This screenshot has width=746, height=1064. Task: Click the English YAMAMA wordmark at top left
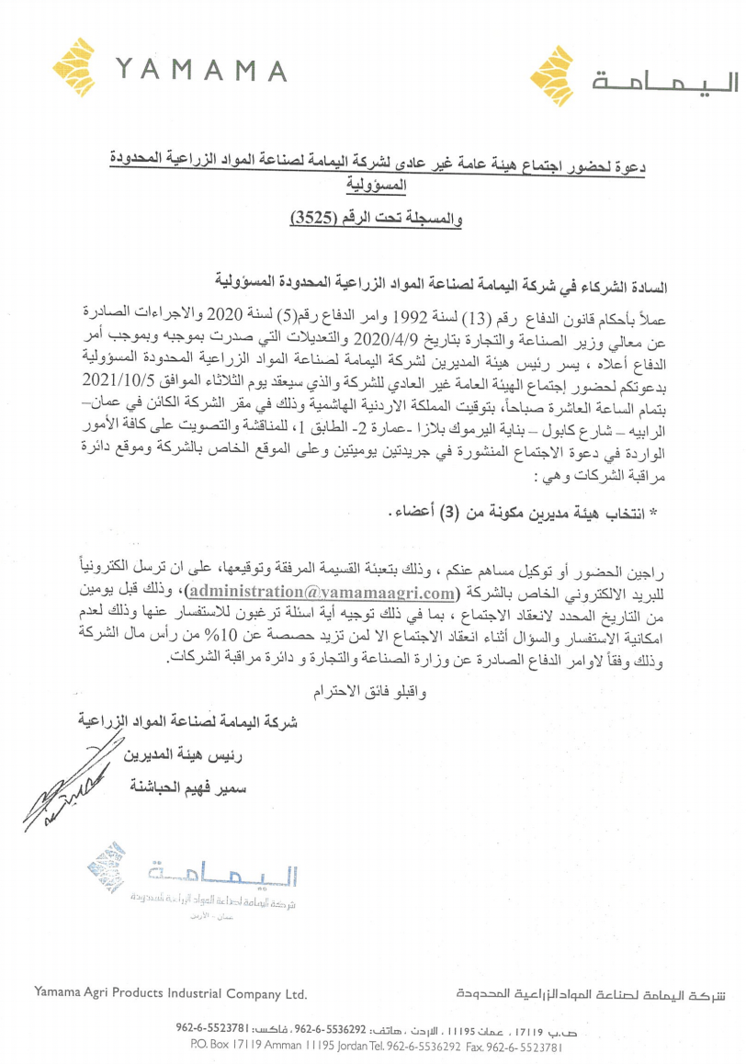(202, 70)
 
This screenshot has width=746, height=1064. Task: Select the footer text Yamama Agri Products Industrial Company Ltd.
(169, 993)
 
